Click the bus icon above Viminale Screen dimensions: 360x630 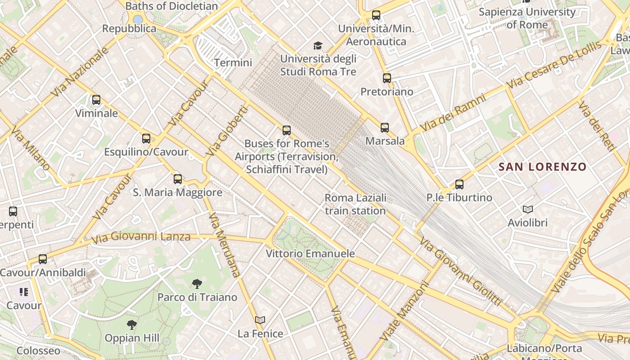pyautogui.click(x=96, y=100)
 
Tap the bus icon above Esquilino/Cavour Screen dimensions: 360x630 pyautogui.click(x=146, y=139)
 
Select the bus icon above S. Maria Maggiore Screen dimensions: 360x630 pyautogui.click(x=178, y=179)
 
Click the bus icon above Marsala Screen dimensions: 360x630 pyautogui.click(x=385, y=128)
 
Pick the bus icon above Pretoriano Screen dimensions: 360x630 pyautogui.click(x=387, y=78)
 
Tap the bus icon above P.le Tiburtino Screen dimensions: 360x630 pyautogui.click(x=459, y=184)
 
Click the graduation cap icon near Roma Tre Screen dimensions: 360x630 pyautogui.click(x=318, y=45)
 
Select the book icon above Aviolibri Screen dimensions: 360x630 pyautogui.click(x=528, y=209)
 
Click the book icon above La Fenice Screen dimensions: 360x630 pyautogui.click(x=260, y=320)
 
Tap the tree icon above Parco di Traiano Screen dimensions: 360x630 pyautogui.click(x=197, y=283)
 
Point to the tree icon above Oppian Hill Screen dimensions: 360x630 pyautogui.click(x=131, y=324)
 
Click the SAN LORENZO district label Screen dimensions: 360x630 pyautogui.click(x=543, y=167)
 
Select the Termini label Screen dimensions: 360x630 pyautogui.click(x=233, y=63)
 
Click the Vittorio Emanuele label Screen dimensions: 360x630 pyautogui.click(x=310, y=253)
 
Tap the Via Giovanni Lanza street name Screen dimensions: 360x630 pyautogui.click(x=140, y=237)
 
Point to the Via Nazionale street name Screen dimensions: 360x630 pyautogui.click(x=80, y=72)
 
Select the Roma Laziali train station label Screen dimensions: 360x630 pyautogui.click(x=355, y=204)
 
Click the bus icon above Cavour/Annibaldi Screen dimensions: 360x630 pyautogui.click(x=43, y=259)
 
